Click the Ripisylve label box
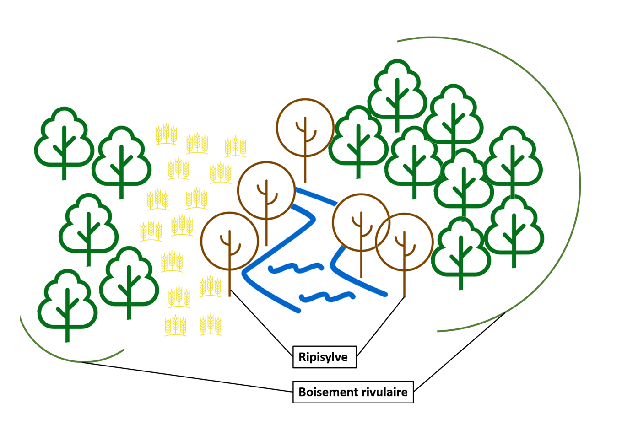[324, 357]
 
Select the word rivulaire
[384, 392]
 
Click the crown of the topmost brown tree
[305, 128]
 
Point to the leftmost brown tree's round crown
[229, 241]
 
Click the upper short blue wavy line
[296, 268]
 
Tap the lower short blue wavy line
[327, 297]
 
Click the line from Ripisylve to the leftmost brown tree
[261, 323]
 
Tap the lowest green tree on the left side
[67, 302]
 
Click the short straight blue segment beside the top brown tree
[316, 196]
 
